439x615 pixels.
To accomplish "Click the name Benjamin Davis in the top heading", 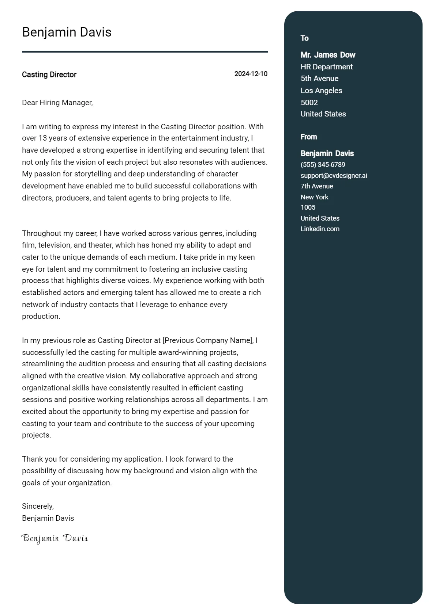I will pyautogui.click(x=67, y=32).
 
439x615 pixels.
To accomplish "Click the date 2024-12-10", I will pyautogui.click(x=251, y=74).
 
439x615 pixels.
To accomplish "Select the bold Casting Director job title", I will pyautogui.click(x=49, y=75).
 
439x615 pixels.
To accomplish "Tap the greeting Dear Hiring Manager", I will pyautogui.click(x=57, y=103).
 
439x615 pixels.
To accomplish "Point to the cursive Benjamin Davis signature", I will pyautogui.click(x=55, y=538).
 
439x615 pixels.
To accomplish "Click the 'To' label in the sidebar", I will pyautogui.click(x=304, y=38).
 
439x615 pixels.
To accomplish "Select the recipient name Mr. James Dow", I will pyautogui.click(x=328, y=55).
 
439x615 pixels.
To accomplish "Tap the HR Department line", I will pyautogui.click(x=327, y=67).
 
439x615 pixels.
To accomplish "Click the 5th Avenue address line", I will pyautogui.click(x=319, y=79).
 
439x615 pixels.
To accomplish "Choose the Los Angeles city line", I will pyautogui.click(x=321, y=91).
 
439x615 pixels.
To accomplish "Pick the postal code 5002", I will pyautogui.click(x=309, y=102).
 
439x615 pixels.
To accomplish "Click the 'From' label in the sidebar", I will pyautogui.click(x=309, y=137).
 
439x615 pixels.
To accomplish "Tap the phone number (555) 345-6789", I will pyautogui.click(x=323, y=165).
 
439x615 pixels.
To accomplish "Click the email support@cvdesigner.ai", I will pyautogui.click(x=334, y=176).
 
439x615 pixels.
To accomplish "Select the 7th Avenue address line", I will pyautogui.click(x=317, y=186).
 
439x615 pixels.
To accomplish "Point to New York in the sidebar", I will pyautogui.click(x=314, y=197).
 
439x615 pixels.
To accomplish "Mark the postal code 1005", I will pyautogui.click(x=308, y=207).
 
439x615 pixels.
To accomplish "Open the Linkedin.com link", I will pyautogui.click(x=320, y=229).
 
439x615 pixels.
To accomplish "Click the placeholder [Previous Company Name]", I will pyautogui.click(x=208, y=340).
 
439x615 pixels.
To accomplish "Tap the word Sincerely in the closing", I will pyautogui.click(x=38, y=506).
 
